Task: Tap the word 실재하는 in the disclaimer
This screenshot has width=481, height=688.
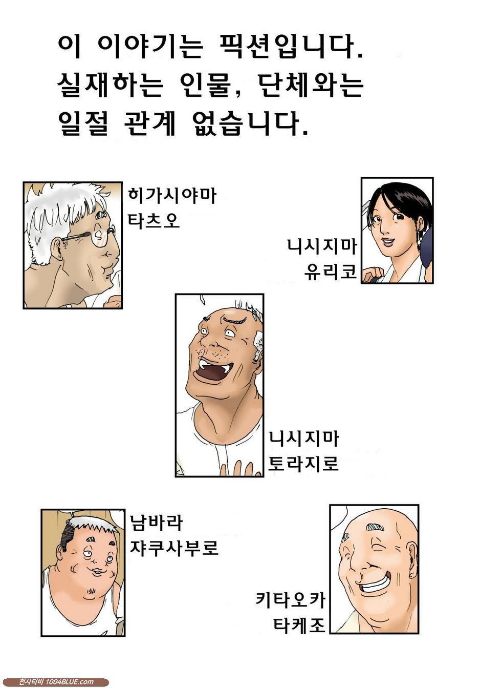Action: pyautogui.click(x=110, y=85)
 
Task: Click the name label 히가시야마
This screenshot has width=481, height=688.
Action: pyautogui.click(x=172, y=196)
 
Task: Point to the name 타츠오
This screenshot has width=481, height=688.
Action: pyautogui.click(x=153, y=220)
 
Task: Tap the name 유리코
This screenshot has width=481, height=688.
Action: pyautogui.click(x=330, y=271)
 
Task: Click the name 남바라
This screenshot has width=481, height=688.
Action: pyautogui.click(x=156, y=523)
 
